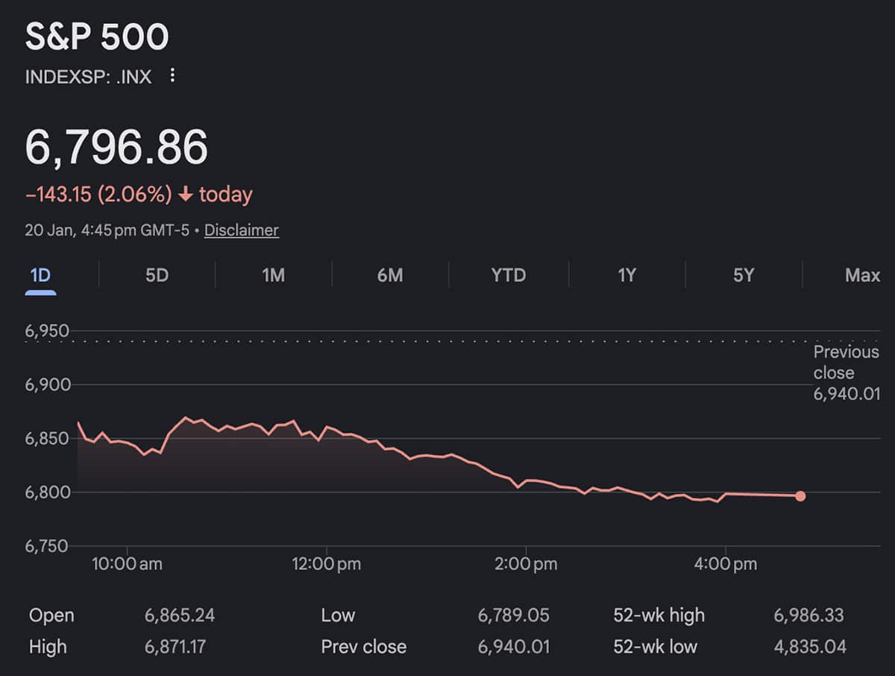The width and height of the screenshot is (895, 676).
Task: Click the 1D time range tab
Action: pos(40,275)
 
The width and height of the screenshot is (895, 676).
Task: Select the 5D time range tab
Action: pos(157,275)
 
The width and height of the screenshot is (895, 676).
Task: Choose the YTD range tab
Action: pos(508,275)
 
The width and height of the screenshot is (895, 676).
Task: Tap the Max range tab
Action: pos(862,275)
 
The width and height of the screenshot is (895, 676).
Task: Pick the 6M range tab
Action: pos(390,275)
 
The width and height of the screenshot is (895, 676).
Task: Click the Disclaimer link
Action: pos(241,230)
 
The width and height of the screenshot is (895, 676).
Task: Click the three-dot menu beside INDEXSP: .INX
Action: pos(172,75)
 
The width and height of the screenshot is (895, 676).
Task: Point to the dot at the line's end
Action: pos(800,496)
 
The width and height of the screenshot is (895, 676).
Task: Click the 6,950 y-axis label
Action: pos(47,331)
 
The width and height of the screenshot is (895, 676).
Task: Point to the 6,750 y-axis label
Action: pos(47,545)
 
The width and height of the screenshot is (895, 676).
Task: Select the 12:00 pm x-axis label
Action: pos(326,564)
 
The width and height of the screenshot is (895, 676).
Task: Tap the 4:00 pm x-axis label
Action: pos(725,564)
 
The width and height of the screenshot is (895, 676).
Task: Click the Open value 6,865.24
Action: pos(180,616)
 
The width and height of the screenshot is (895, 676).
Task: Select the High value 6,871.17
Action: pos(175,646)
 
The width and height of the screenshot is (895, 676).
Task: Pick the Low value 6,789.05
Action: pos(513,616)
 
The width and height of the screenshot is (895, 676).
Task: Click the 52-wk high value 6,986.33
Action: pos(808,616)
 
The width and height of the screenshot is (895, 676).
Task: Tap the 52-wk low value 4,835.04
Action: pos(808,646)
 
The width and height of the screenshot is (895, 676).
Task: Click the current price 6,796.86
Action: pos(116,147)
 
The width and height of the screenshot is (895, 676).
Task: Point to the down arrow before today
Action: pos(186,195)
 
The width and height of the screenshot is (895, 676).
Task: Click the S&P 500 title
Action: pos(97,37)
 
